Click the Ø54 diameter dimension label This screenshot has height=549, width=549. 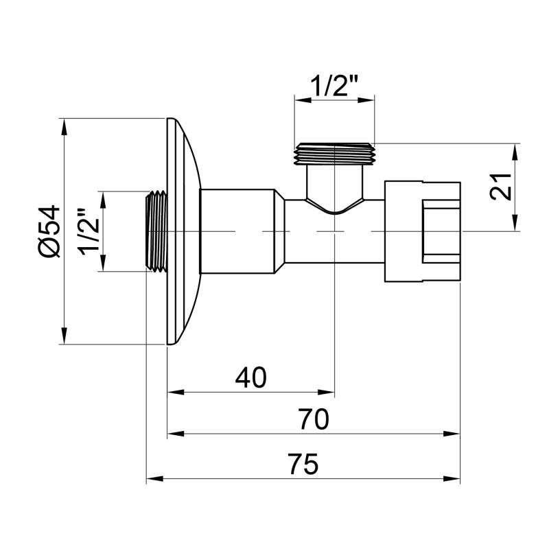[x=49, y=232]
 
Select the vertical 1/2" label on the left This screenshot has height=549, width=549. [x=89, y=232]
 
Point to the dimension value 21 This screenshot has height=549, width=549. [x=503, y=187]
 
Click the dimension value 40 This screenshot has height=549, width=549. [x=250, y=377]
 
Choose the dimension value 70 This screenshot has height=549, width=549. [x=314, y=418]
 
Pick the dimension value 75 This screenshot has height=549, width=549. [x=303, y=464]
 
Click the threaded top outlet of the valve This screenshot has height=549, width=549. [x=334, y=154]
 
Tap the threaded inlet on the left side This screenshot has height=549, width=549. [x=156, y=232]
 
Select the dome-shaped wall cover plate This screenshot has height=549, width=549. [x=183, y=232]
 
